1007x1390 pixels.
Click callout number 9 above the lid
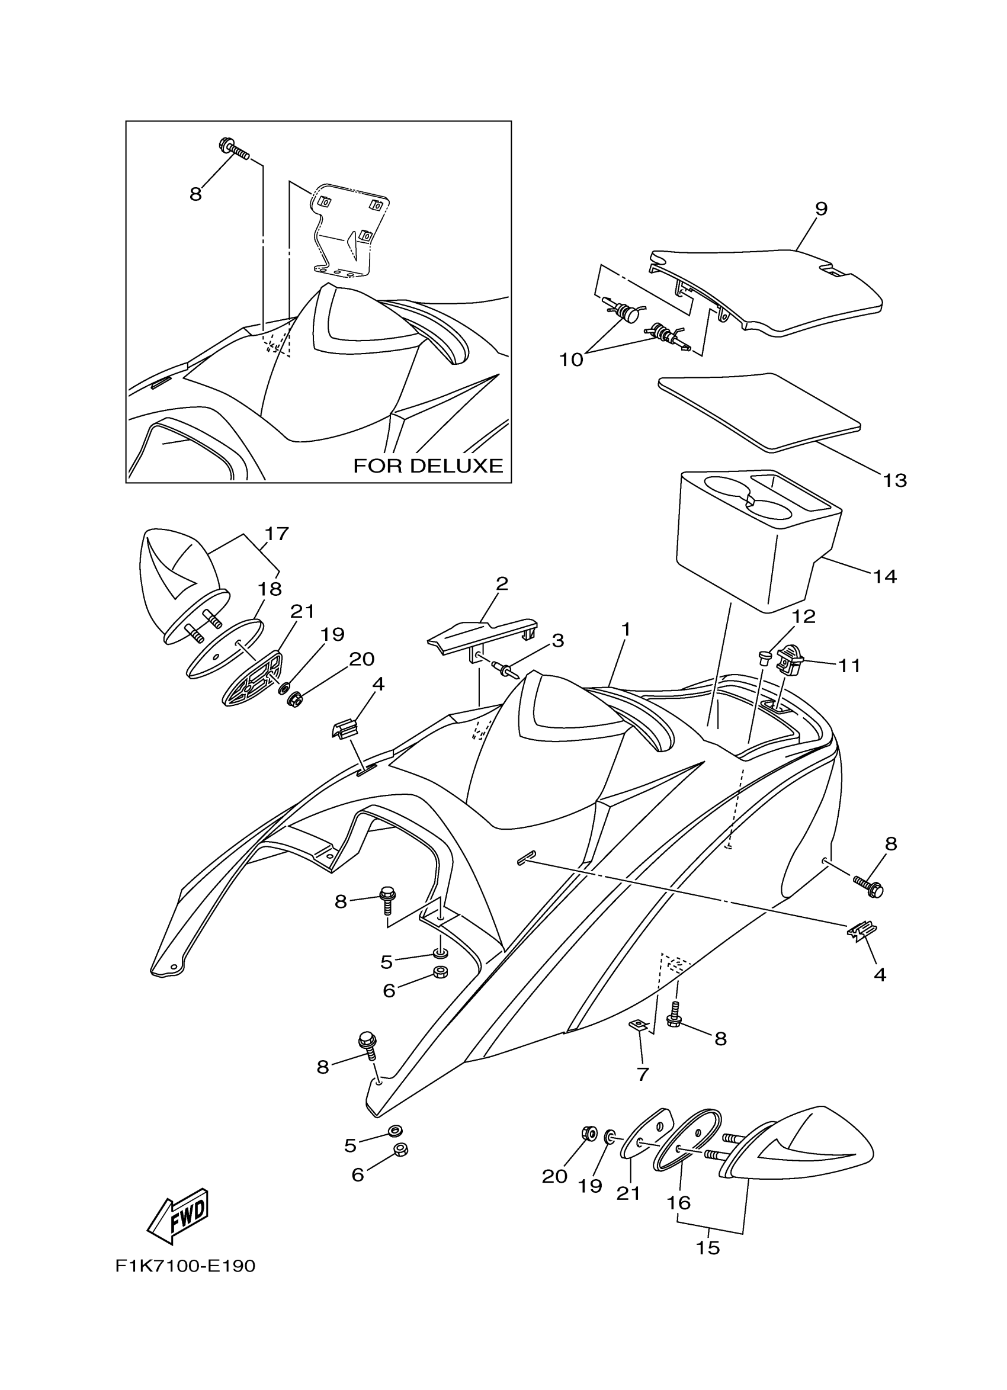[x=820, y=209]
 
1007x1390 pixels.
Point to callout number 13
[x=895, y=480]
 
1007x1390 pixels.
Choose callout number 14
[x=885, y=576]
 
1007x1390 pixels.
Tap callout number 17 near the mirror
[x=277, y=534]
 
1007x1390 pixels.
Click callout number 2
[x=502, y=583]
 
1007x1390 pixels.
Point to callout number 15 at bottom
[x=708, y=1247]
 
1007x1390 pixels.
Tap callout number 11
[x=849, y=666]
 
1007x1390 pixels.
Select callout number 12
[x=804, y=617]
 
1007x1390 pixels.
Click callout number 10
[x=571, y=359]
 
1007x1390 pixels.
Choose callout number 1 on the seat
[x=625, y=630]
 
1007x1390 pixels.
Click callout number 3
[x=557, y=641]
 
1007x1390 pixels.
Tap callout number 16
[x=679, y=1202]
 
